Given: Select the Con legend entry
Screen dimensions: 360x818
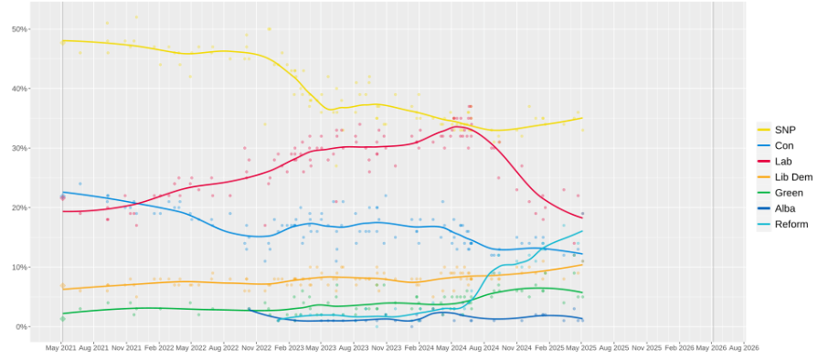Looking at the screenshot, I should coord(782,145).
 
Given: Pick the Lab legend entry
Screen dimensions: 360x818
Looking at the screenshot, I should coord(782,161).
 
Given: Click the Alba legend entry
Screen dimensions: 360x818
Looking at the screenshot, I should coord(784,208).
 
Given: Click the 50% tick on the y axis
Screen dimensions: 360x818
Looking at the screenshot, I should coord(19,29).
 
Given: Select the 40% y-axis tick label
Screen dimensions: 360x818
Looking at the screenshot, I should coord(19,89).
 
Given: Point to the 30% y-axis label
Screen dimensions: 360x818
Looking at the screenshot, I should coord(19,148).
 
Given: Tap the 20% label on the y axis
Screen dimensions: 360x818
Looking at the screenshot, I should coord(19,207).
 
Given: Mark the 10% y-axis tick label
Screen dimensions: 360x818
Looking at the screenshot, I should coord(19,267).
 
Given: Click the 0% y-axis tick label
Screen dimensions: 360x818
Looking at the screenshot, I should coord(21,326).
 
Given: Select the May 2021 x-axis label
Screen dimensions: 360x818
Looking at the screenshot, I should coord(61,348).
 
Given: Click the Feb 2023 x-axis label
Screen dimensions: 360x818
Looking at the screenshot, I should coord(289,348).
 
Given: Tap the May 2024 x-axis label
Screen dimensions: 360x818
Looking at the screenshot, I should coord(451,348).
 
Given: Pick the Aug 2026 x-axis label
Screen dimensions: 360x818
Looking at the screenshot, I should coord(744,348).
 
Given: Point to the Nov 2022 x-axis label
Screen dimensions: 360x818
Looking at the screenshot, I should coord(257,348).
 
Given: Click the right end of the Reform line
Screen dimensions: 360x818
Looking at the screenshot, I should coord(582,231).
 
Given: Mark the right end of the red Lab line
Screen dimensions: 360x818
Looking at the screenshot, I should coord(582,217).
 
